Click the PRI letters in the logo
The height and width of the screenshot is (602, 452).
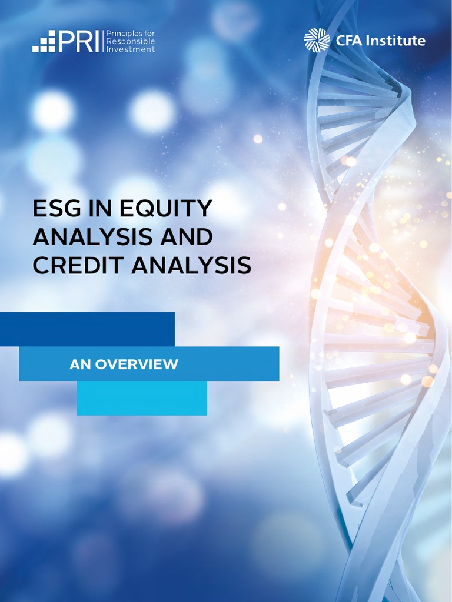(x=81, y=41)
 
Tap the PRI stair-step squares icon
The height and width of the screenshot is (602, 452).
(x=44, y=42)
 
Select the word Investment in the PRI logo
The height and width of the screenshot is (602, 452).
(x=130, y=49)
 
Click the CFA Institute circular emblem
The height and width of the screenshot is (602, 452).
(x=317, y=41)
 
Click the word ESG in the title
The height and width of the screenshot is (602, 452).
(x=57, y=209)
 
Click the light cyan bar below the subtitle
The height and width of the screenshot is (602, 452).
(x=142, y=398)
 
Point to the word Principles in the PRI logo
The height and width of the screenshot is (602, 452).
(x=122, y=34)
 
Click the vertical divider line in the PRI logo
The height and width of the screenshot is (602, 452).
(x=103, y=41)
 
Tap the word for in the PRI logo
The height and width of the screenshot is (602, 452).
(x=149, y=34)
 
